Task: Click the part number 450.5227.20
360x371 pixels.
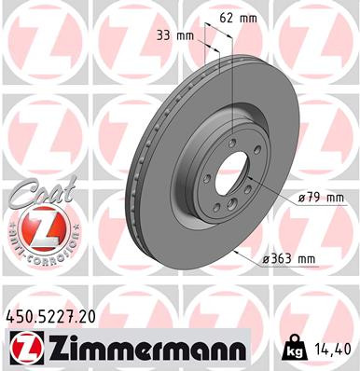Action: [x=57, y=318]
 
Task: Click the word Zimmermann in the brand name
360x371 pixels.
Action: [x=145, y=350]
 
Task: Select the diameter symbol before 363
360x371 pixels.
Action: [x=265, y=260]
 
